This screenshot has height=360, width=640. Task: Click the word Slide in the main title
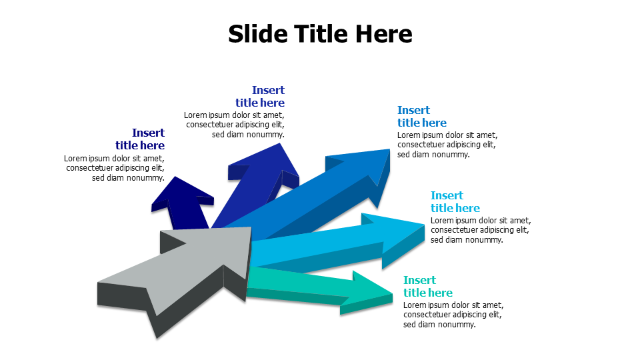tap(253, 33)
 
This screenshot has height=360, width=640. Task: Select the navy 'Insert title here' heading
tap(140, 139)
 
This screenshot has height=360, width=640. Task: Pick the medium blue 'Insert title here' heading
tap(422, 117)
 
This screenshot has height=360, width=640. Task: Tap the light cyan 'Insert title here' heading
tap(455, 202)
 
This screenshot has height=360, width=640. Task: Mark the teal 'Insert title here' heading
tap(428, 287)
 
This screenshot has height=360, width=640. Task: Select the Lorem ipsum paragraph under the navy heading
tap(115, 168)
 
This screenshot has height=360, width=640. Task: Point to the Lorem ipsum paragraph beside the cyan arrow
tap(480, 230)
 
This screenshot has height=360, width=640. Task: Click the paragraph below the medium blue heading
tap(447, 145)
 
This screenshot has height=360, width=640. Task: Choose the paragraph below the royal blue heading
tap(235, 125)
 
